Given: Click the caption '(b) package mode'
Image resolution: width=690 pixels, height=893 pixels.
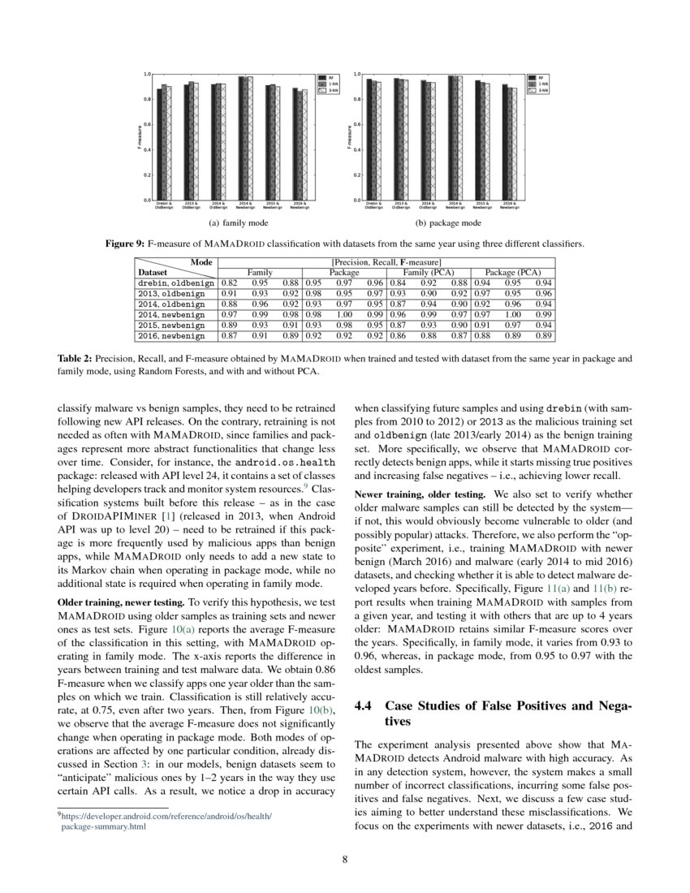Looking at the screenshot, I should [448, 222].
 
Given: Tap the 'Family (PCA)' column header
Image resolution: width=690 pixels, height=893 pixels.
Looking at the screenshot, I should [428, 273].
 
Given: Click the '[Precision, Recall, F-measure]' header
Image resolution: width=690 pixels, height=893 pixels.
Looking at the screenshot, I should [386, 262].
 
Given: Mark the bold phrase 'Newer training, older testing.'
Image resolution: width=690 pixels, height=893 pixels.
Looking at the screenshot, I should [419, 493].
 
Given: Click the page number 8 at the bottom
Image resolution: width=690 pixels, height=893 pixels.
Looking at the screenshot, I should [345, 856].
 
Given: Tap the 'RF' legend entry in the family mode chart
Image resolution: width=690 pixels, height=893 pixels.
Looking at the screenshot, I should [329, 78].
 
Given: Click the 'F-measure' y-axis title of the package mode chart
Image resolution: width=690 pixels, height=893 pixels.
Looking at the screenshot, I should [349, 136].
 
